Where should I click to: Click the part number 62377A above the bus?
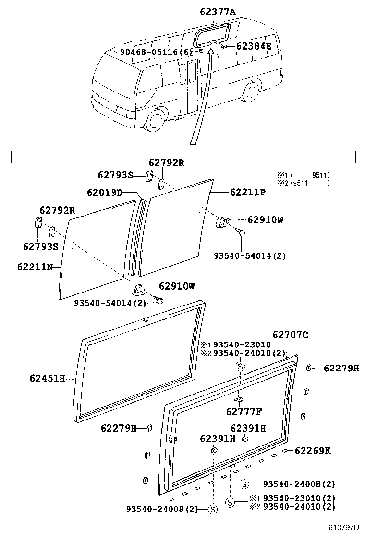[x=218, y=13]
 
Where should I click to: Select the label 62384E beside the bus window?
[x=254, y=46]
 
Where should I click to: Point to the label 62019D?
[x=104, y=192]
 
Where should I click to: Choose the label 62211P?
[x=248, y=192]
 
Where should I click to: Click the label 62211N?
[x=35, y=266]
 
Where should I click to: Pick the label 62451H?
[x=48, y=379]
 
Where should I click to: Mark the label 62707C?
[x=291, y=335]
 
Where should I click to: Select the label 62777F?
[x=244, y=411]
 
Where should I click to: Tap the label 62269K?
[x=313, y=451]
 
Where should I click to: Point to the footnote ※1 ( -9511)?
[x=303, y=175]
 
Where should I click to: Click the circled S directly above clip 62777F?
[x=240, y=367]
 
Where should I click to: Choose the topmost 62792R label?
[x=166, y=163]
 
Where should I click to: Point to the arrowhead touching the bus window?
[x=210, y=50]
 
